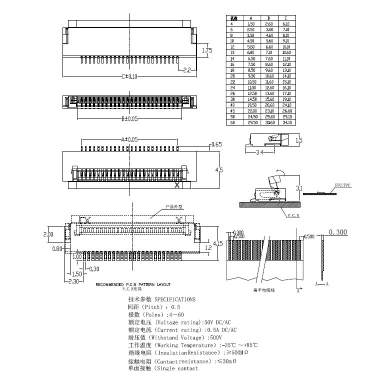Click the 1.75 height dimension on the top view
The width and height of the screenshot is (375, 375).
point(207,50)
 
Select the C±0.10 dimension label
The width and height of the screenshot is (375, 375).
point(129,76)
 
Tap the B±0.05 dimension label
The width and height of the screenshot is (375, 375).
point(129,118)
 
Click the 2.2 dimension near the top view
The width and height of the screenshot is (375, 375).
point(187,70)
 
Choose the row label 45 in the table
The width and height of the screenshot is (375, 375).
point(232,110)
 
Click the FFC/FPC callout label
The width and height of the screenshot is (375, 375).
point(343,185)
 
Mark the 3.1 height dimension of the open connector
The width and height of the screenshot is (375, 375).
point(299,188)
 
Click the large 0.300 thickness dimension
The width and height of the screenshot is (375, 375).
point(338,232)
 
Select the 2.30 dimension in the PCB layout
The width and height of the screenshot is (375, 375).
point(74,281)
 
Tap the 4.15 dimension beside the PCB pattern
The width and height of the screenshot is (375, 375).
point(217,243)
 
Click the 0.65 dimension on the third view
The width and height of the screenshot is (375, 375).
point(216,144)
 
